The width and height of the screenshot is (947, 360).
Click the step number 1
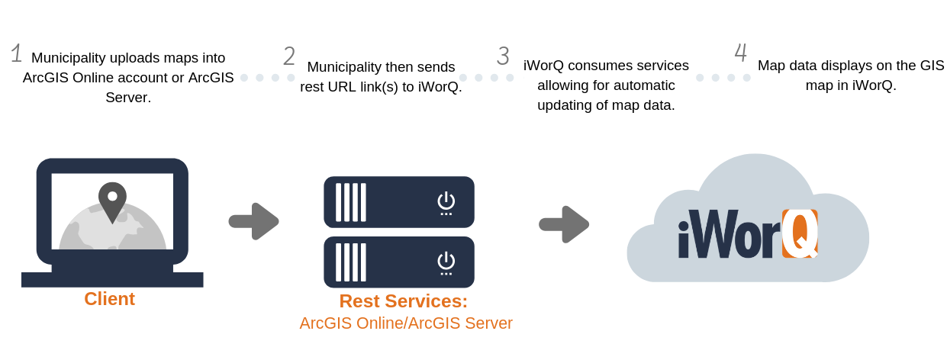coord(17,53)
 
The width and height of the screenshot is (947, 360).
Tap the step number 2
coord(289,56)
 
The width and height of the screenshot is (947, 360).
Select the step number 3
coord(503,56)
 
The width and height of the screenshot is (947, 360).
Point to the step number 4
coord(741,53)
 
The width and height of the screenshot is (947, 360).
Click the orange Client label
coord(109,299)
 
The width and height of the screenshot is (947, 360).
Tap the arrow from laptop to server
coord(253,221)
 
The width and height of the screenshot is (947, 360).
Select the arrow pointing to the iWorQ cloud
coord(564,224)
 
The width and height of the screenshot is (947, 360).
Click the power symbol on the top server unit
coord(446,203)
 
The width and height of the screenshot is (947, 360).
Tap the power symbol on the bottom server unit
coord(446,263)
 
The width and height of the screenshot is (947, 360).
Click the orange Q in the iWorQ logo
coord(800,233)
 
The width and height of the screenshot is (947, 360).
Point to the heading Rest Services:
coord(404,301)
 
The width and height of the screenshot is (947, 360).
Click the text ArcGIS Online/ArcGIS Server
coord(406,323)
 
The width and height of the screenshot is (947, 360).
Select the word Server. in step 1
coord(128,98)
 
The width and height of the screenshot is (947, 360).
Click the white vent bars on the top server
coord(350,202)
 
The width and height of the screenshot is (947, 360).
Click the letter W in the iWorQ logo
coord(713,233)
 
